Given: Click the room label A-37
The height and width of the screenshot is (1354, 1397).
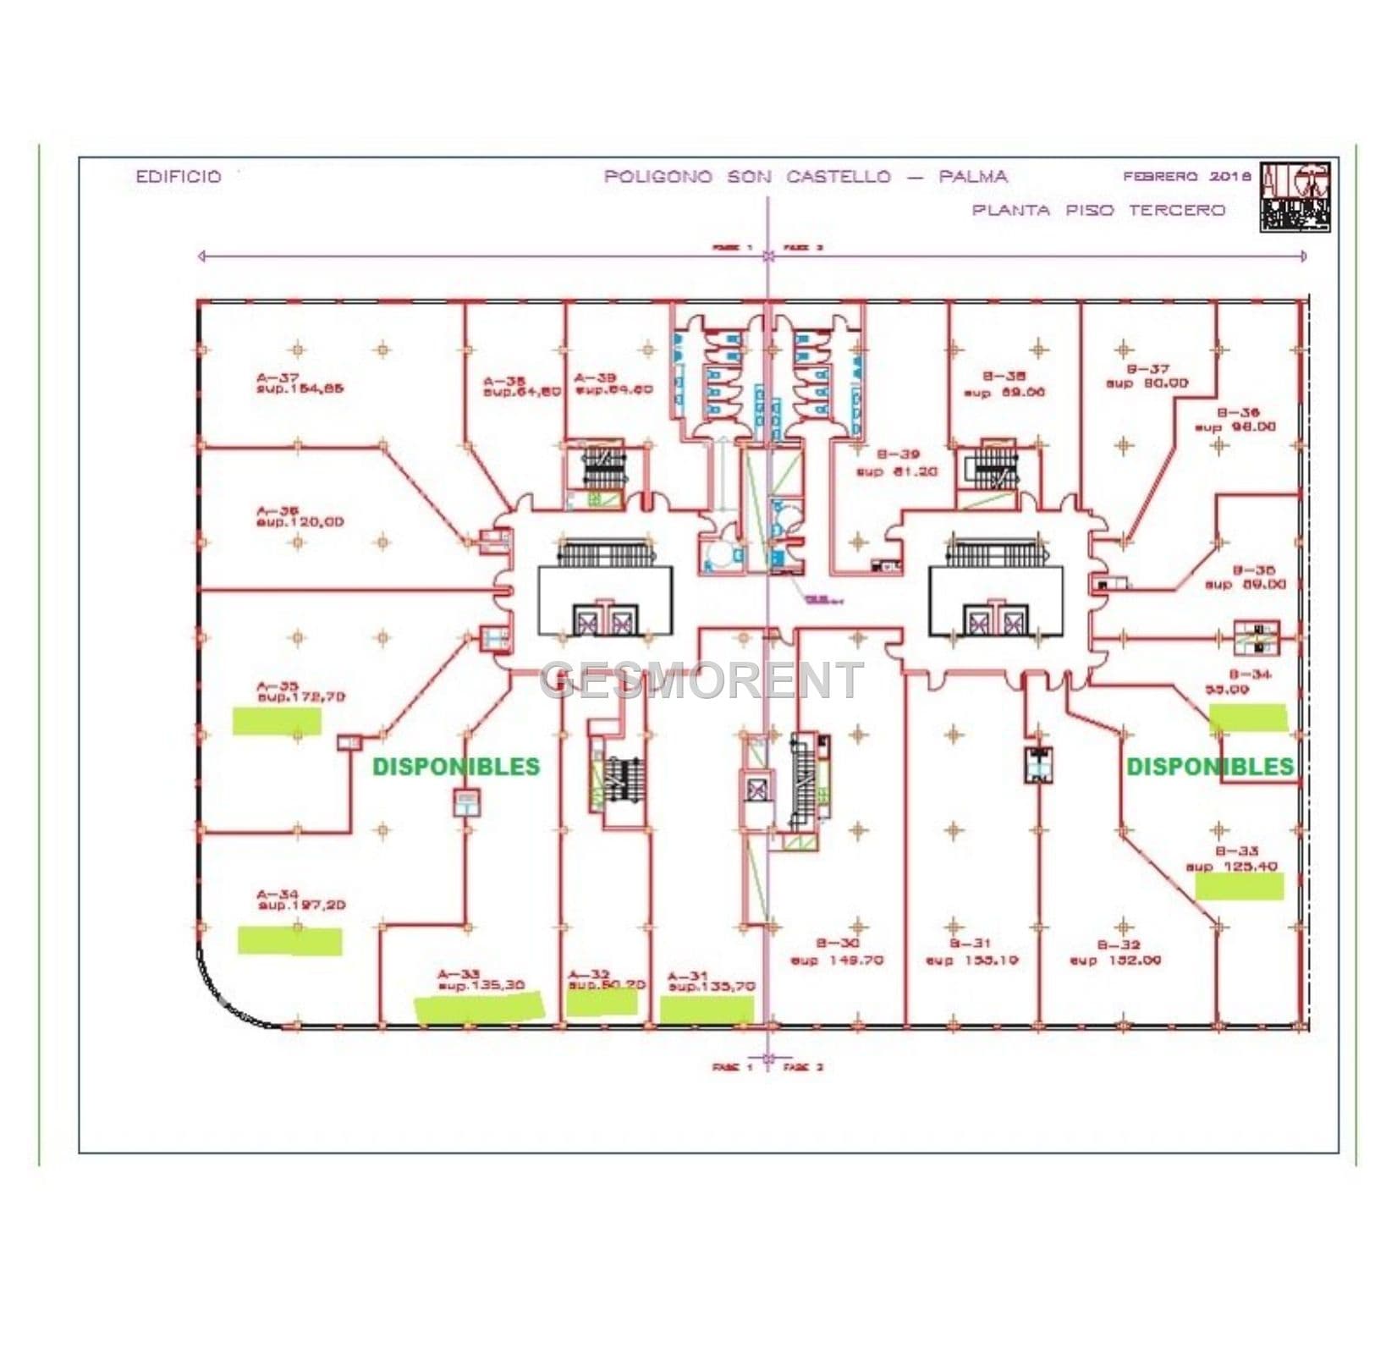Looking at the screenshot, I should click(x=278, y=378).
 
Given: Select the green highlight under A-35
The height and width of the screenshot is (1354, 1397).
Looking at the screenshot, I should click(x=277, y=721).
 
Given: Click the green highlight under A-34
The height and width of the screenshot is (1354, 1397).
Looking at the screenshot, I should click(x=289, y=940).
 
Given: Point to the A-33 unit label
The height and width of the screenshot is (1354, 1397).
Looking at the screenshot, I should click(x=459, y=973).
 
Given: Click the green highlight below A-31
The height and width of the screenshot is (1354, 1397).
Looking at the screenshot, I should click(x=707, y=1009).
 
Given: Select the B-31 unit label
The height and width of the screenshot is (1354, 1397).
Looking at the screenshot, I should click(x=970, y=943).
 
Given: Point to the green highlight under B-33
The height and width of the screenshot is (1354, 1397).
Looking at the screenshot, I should click(x=1239, y=886).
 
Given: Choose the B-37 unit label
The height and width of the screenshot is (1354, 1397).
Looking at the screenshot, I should click(x=1147, y=369).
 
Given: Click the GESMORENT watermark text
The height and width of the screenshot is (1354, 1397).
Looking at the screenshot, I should click(x=701, y=680).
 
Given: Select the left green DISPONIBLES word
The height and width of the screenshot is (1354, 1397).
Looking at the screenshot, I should click(x=456, y=767).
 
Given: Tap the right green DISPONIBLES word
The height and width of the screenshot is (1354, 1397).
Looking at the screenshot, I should click(x=1210, y=767).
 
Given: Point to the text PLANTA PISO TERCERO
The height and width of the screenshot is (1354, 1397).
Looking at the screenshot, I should click(x=1098, y=210).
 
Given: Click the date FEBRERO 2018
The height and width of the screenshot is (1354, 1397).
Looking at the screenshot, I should click(x=1186, y=177).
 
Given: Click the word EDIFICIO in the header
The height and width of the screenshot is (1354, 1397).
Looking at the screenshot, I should click(x=179, y=177).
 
